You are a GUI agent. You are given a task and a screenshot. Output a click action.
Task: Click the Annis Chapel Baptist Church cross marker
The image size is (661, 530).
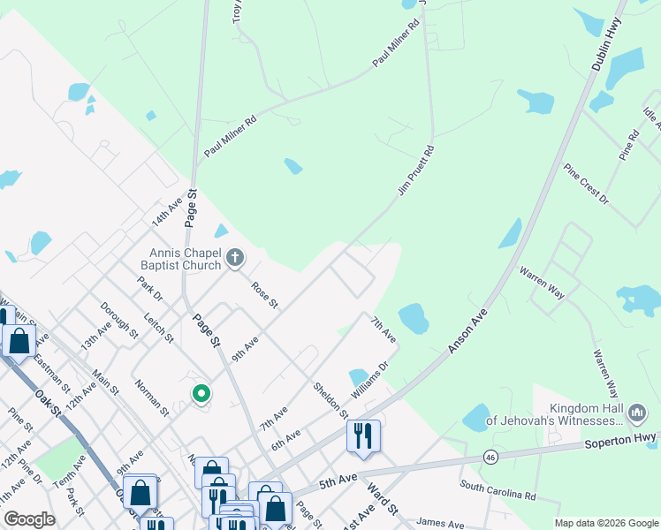point(234,258)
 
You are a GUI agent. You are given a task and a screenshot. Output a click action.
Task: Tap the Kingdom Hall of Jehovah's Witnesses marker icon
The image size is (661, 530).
point(636,413)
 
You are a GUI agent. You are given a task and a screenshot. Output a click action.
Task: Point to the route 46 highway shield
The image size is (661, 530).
point(491,457)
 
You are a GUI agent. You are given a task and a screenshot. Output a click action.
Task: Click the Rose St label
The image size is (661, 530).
point(264,295)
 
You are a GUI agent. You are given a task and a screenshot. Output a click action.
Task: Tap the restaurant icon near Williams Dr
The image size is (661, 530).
point(363,436)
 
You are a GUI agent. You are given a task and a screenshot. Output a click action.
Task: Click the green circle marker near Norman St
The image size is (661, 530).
point(201,394)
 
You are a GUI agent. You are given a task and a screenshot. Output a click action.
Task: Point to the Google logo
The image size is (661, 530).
point(30,519)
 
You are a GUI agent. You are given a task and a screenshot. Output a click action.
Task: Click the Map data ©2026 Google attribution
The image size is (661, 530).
point(605,523)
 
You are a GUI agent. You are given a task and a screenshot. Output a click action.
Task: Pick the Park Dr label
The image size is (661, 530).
point(150,288)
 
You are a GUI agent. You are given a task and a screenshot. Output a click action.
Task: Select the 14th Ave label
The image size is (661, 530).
point(165,211)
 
